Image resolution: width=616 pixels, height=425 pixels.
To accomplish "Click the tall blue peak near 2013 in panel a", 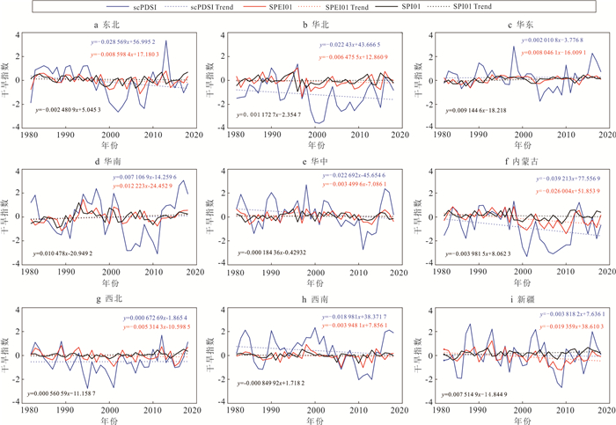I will point(165,41).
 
